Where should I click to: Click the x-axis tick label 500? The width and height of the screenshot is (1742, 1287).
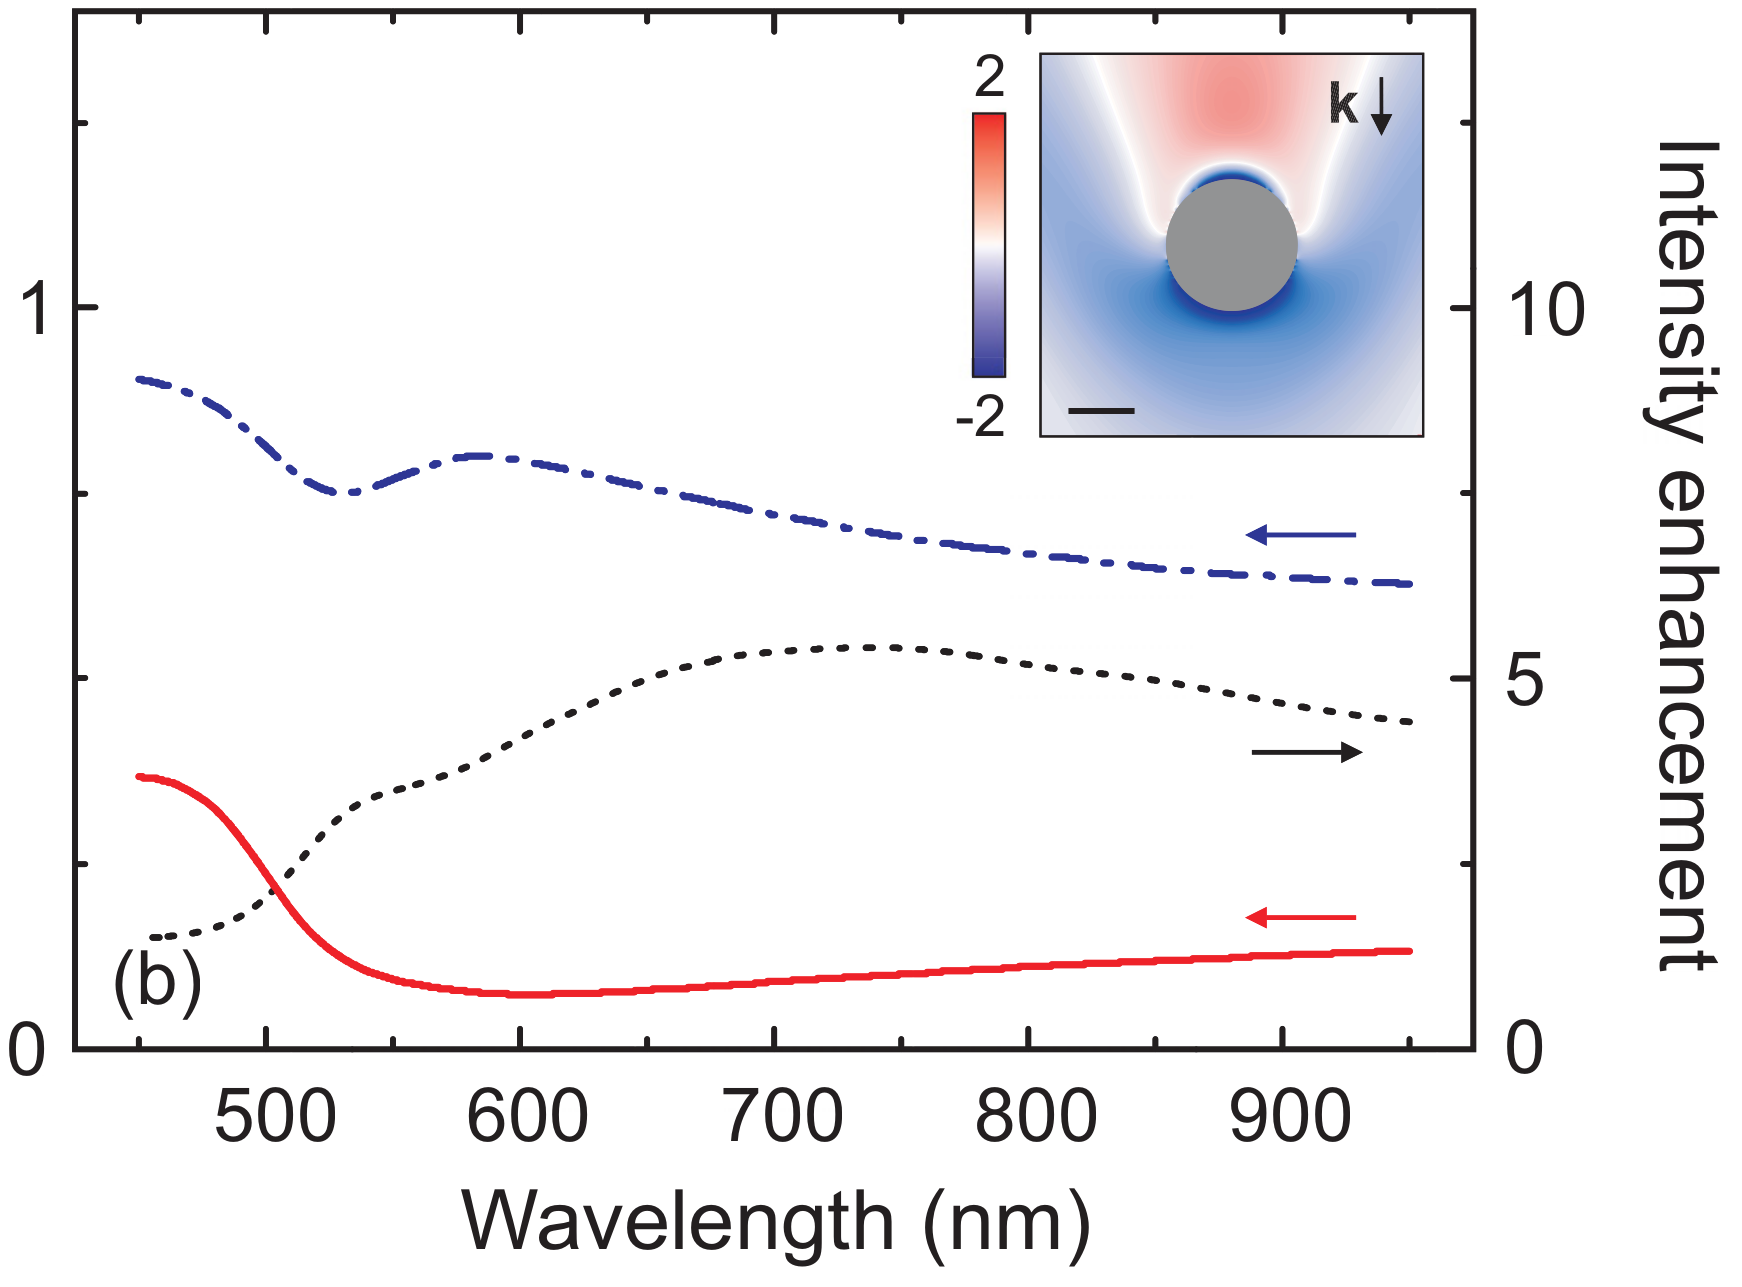[275, 1117]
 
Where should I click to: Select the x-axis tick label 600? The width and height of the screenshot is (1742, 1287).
[527, 1117]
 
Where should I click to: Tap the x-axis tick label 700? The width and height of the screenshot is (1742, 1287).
[783, 1117]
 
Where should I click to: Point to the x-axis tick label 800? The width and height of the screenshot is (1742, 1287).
[1036, 1117]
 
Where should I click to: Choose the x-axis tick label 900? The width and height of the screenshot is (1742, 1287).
[1290, 1117]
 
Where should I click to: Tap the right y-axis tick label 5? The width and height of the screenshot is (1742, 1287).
[1524, 681]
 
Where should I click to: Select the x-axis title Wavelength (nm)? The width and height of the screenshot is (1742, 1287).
[775, 1223]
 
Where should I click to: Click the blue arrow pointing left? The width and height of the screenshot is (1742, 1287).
[1300, 535]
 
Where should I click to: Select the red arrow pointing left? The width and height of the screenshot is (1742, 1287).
[1300, 917]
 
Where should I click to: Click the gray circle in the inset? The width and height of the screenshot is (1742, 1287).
[1231, 246]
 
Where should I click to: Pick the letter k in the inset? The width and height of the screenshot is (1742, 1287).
[1344, 103]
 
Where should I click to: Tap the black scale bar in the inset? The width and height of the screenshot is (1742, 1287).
[1101, 410]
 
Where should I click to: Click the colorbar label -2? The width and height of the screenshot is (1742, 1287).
[980, 417]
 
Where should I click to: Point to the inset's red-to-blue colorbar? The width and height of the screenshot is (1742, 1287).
[988, 245]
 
